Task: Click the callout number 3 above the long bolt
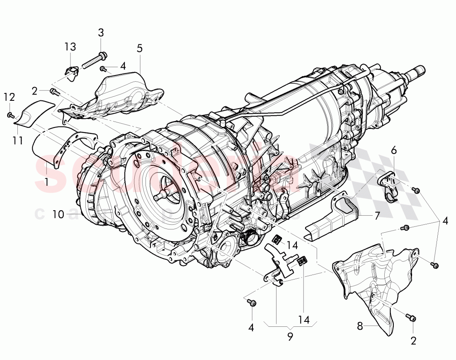[101, 32]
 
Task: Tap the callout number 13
[70, 47]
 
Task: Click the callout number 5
[139, 48]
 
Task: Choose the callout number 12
[9, 97]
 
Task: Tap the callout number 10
[58, 214]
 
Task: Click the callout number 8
[359, 326]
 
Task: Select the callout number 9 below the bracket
[290, 337]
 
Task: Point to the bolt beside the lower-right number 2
[410, 318]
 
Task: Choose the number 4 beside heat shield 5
[123, 65]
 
